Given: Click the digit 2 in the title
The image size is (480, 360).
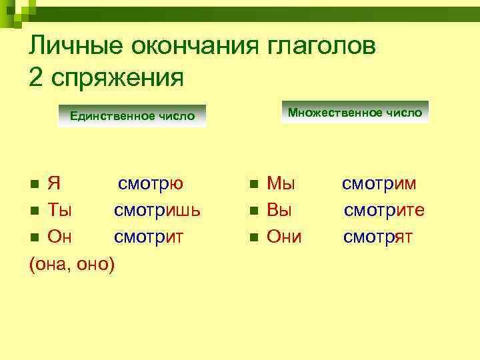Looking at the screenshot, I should coord(36,76).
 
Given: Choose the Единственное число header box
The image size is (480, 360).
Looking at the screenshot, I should coord(132,116).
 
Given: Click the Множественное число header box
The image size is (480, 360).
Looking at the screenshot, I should coord(355,113).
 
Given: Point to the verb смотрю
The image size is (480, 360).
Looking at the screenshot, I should coord(151,183).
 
